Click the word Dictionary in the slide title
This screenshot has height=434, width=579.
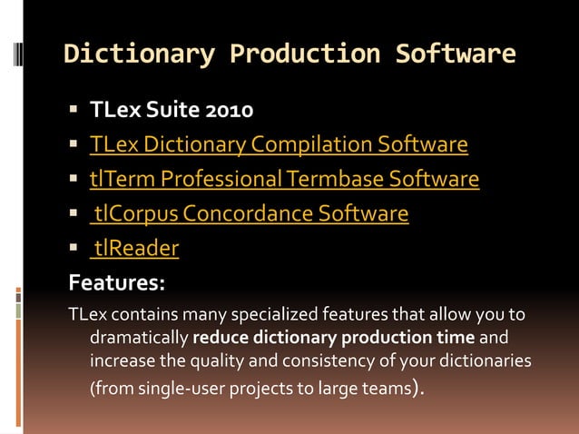click(x=139, y=54)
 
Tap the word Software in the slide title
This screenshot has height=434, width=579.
click(x=456, y=54)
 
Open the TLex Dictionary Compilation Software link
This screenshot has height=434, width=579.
click(x=279, y=144)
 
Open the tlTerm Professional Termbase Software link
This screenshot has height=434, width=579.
click(x=284, y=179)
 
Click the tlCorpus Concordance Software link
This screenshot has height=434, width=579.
click(x=251, y=214)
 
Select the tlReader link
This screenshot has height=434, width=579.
click(x=136, y=248)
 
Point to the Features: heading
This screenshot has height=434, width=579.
click(x=117, y=282)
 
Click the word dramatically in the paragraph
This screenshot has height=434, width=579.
click(x=139, y=339)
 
